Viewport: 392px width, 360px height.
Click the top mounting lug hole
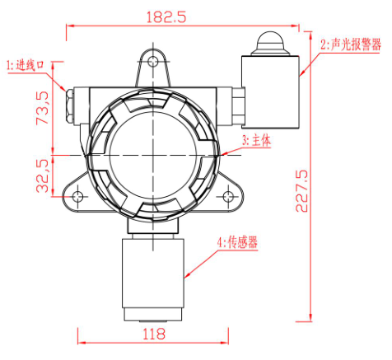pyautogui.click(x=153, y=60)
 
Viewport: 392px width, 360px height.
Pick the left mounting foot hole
pyautogui.click(x=77, y=196)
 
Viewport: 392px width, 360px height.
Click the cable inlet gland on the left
pyautogui.click(x=68, y=103)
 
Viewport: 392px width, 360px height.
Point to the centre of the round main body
pyautogui.click(x=153, y=153)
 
